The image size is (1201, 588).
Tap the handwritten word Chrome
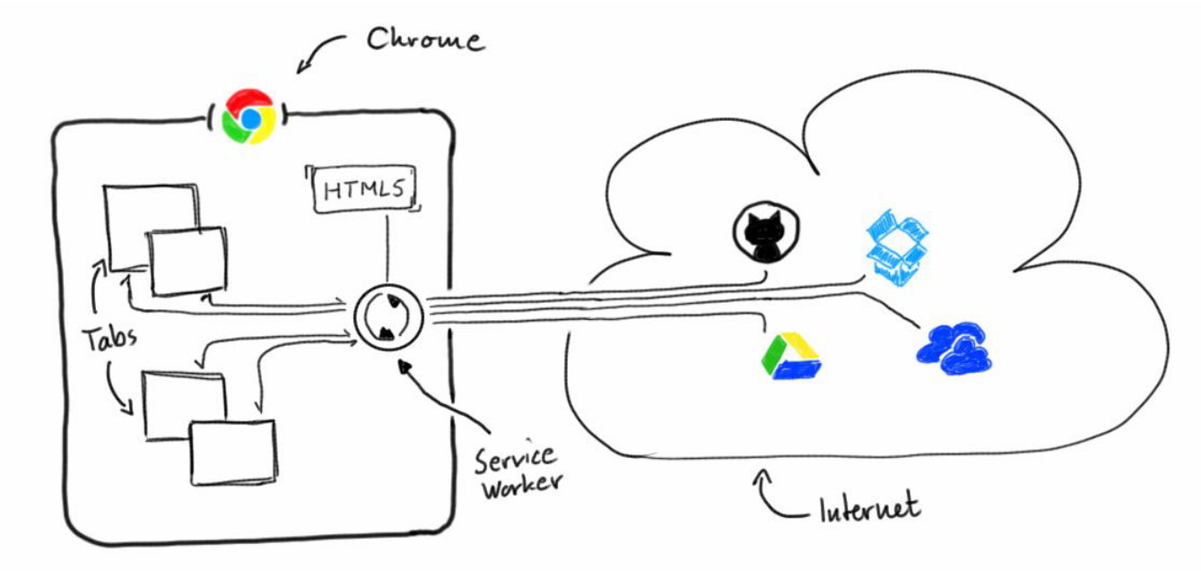(425, 41)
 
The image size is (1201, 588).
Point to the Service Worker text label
(518, 470)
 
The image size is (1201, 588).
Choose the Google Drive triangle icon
(788, 356)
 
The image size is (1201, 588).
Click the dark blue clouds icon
(954, 348)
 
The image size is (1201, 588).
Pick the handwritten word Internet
(869, 509)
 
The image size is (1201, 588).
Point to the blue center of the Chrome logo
(251, 117)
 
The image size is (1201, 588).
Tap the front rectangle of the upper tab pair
(187, 261)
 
